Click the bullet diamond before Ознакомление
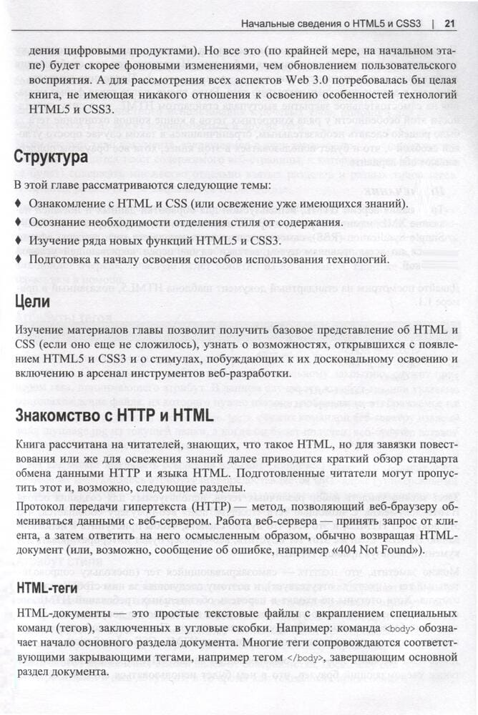pos(18,204)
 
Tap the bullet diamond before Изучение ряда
pos(18,241)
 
